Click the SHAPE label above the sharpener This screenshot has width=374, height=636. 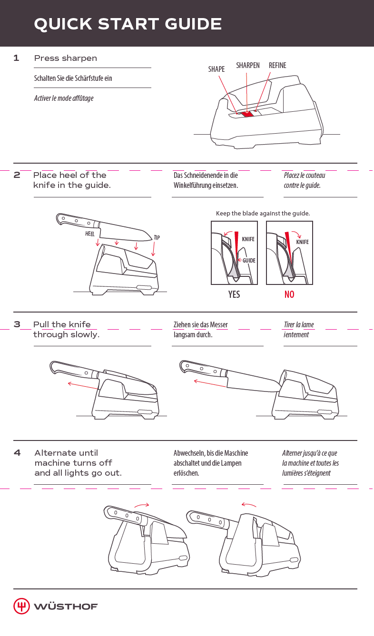(217, 69)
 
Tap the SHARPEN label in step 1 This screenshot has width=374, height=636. (248, 65)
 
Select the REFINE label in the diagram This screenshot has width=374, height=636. (277, 65)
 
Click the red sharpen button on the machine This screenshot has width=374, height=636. (247, 114)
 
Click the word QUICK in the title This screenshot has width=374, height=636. (63, 24)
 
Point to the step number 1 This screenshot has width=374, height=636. (16, 58)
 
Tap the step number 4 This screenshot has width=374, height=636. (17, 452)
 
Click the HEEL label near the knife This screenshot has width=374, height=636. (90, 234)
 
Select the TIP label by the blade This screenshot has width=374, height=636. (157, 237)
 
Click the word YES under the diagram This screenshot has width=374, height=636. (234, 294)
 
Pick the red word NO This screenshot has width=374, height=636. (289, 294)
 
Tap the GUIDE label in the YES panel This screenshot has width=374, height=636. (249, 260)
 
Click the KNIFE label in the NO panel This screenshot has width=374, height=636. (302, 242)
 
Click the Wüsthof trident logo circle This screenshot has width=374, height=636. (21, 606)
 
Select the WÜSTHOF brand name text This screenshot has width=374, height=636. (66, 607)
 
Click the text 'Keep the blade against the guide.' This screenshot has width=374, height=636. (263, 213)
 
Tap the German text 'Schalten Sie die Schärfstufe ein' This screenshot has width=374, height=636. (73, 78)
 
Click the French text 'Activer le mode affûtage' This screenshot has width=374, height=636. (64, 98)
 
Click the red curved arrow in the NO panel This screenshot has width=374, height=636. (297, 234)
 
